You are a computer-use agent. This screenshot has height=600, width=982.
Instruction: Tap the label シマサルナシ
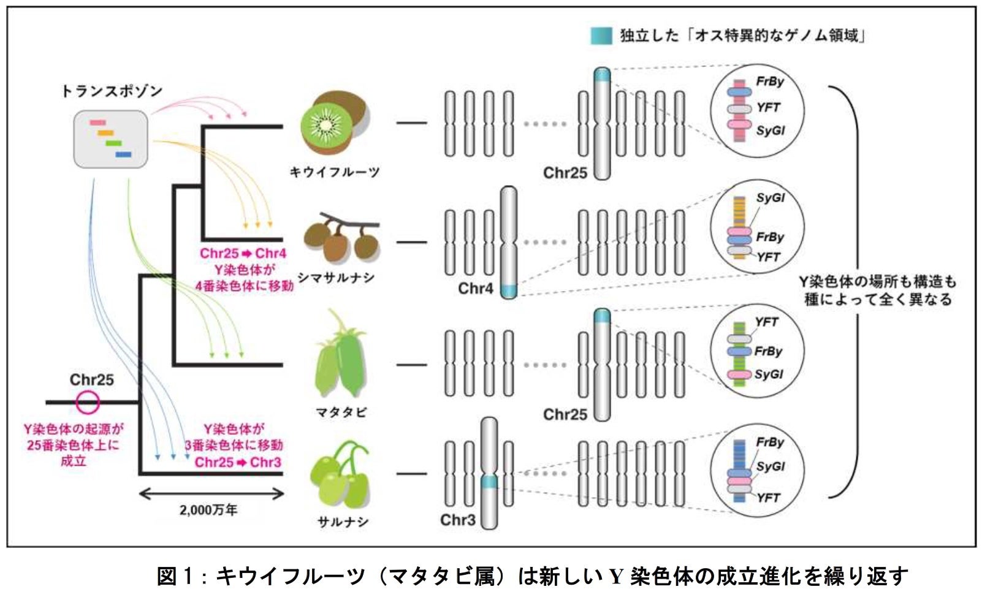click(x=335, y=278)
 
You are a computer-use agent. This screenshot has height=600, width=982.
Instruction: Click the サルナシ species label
click(x=343, y=522)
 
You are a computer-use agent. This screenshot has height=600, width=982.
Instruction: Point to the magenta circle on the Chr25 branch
click(x=88, y=402)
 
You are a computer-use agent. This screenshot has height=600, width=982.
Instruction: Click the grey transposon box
click(x=110, y=139)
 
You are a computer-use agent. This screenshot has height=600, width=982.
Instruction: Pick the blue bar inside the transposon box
click(x=123, y=154)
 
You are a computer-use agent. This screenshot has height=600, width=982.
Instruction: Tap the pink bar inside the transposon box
click(x=97, y=123)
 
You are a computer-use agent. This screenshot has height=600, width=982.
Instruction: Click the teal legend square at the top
click(x=601, y=36)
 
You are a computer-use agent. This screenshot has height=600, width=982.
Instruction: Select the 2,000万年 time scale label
click(x=208, y=510)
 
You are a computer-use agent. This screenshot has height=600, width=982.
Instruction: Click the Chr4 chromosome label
click(x=475, y=288)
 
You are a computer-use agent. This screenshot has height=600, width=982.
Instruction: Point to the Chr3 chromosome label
click(x=457, y=520)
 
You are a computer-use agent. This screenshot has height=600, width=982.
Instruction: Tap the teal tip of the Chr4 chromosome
click(x=508, y=291)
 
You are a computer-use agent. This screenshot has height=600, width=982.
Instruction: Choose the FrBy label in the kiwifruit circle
click(x=769, y=82)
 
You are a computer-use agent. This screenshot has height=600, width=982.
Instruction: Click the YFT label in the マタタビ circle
click(x=766, y=322)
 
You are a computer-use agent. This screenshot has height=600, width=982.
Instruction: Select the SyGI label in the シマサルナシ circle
click(x=770, y=198)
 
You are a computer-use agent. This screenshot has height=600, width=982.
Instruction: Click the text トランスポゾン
click(x=112, y=91)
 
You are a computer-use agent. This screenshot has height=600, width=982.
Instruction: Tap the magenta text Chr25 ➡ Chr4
click(x=243, y=253)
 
